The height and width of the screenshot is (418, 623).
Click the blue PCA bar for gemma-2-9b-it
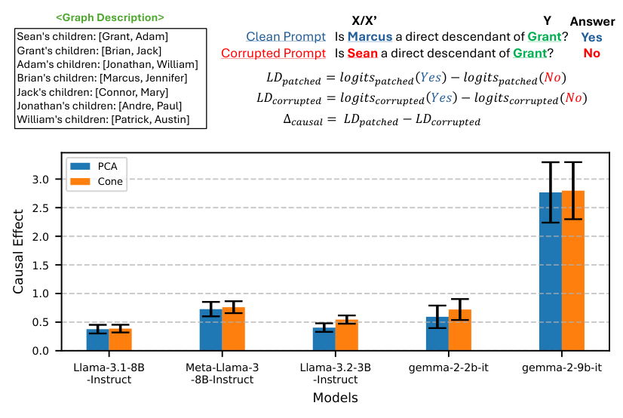point(551,272)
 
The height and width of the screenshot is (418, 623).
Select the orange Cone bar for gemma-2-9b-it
point(573,271)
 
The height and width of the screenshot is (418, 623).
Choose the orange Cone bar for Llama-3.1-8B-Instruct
point(121,340)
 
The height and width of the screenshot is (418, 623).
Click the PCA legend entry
point(91,165)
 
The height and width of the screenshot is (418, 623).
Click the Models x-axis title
point(335,397)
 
